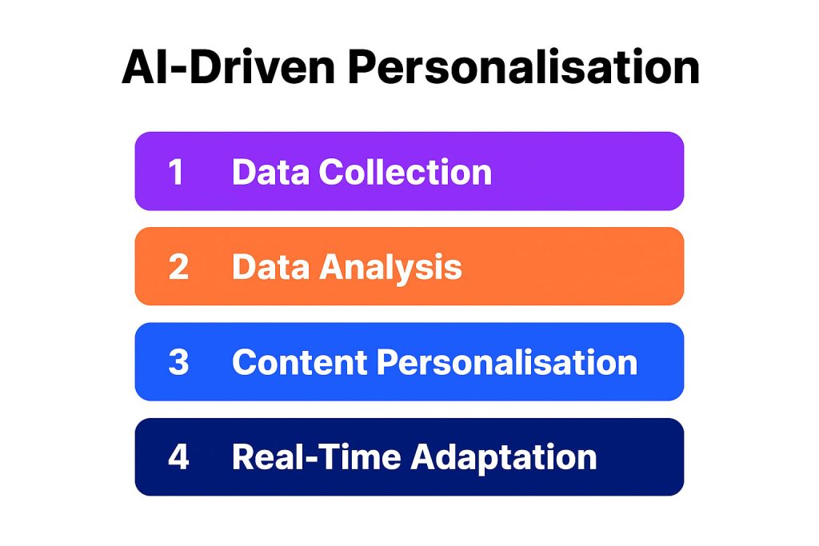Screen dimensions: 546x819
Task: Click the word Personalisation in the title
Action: (523, 68)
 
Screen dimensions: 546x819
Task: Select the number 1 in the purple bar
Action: (176, 172)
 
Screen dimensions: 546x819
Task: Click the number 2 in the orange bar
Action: (178, 267)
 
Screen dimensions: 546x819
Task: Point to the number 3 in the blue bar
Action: (178, 362)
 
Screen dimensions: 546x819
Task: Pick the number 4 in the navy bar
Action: (178, 457)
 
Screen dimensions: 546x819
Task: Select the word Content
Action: (298, 362)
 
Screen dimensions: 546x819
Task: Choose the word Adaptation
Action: (503, 457)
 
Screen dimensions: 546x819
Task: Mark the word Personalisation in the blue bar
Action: (507, 362)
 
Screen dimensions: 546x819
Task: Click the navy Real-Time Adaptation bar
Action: (640, 457)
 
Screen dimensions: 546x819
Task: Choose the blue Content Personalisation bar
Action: (661, 362)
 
